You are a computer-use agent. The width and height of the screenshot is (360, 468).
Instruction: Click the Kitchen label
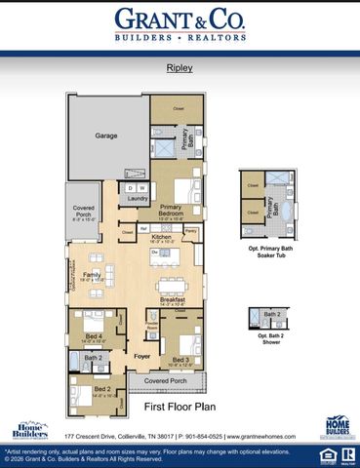tap(161, 237)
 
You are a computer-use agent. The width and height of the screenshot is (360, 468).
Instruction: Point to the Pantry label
tap(191, 231)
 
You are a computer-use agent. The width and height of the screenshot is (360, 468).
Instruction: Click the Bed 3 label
tap(180, 360)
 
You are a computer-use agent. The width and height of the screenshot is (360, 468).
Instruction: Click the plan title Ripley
tap(179, 70)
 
